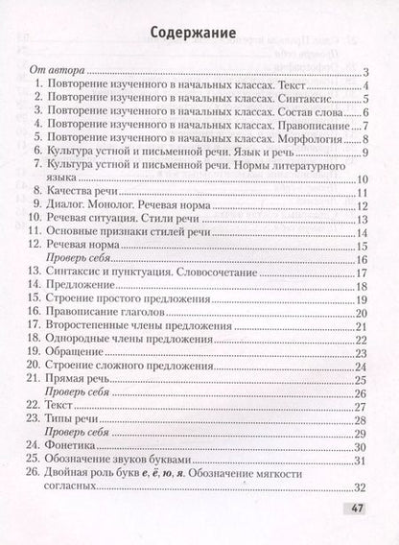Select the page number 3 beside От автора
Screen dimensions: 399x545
click(x=366, y=73)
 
